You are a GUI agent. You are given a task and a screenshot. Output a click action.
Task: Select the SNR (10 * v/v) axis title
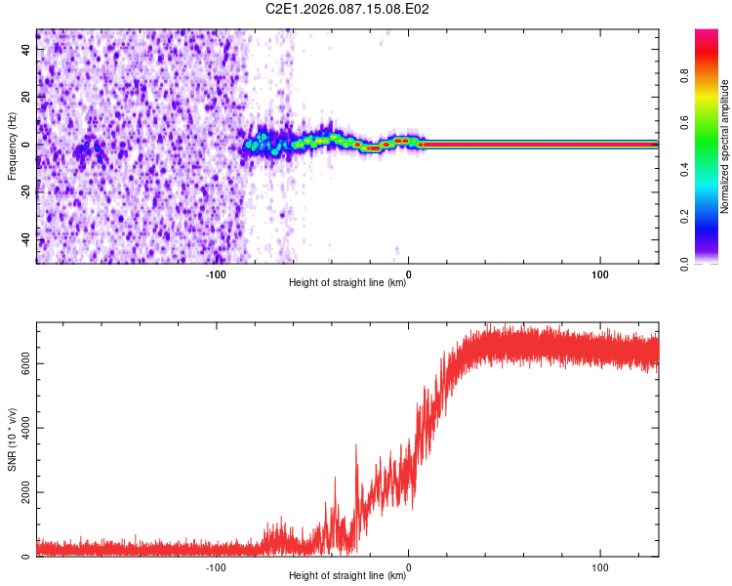tap(12, 439)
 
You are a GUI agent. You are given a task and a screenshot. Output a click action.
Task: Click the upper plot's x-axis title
tap(347, 283)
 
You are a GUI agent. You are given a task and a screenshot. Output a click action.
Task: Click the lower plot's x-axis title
tap(347, 576)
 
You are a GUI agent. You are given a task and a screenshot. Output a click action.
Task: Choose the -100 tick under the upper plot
tap(216, 272)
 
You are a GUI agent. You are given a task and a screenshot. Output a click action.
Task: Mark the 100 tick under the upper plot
tap(600, 272)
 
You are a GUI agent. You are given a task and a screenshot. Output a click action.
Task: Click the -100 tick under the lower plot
tap(216, 565)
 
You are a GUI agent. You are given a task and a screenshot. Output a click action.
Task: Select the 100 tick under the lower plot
tap(600, 565)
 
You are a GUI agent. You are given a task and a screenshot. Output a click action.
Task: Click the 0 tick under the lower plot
tap(408, 565)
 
